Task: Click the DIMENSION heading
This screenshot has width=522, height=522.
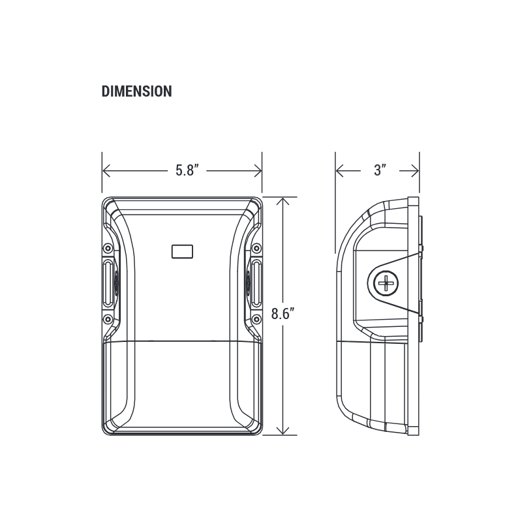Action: coord(136,91)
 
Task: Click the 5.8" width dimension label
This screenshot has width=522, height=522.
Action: coord(187,170)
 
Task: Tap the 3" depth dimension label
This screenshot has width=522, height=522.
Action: coord(380,170)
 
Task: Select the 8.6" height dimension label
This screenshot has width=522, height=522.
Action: coord(283,314)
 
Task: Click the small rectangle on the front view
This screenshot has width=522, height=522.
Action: coord(182,252)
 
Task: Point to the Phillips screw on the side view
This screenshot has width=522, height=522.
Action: coord(386,283)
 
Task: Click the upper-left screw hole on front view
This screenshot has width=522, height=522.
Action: coord(108,249)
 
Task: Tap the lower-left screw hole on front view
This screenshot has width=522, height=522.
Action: coord(108,319)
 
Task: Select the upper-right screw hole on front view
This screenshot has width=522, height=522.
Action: coord(256,249)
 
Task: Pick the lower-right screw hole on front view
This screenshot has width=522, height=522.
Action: coord(256,319)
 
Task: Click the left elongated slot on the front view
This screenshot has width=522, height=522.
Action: coord(108,284)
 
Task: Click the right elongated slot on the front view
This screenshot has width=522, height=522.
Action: coord(256,284)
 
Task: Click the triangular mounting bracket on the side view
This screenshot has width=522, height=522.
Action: coord(393,283)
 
